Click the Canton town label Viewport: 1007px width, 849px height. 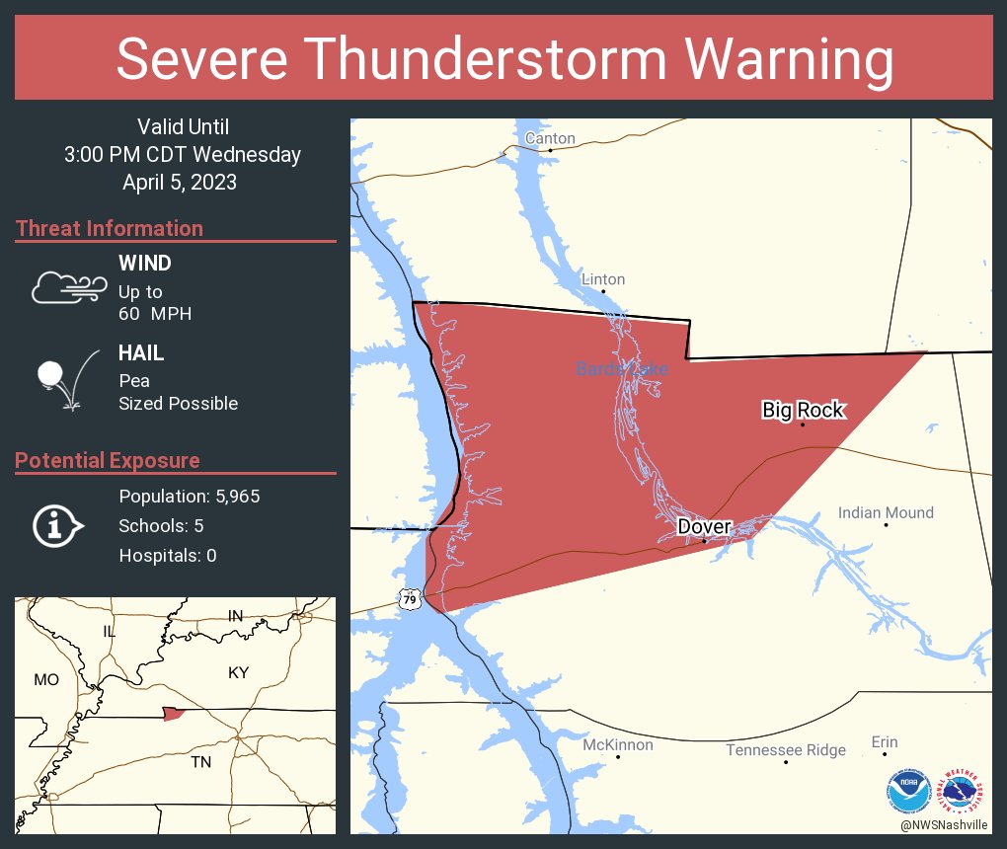pyautogui.click(x=550, y=138)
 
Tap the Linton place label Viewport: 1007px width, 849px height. pyautogui.click(x=602, y=279)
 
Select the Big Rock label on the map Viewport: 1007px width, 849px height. pyautogui.click(x=804, y=410)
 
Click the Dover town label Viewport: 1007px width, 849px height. pyautogui.click(x=703, y=527)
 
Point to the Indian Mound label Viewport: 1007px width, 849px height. pyautogui.click(x=886, y=512)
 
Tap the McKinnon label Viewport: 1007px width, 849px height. pyautogui.click(x=617, y=744)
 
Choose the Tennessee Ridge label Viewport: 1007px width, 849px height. pyautogui.click(x=786, y=750)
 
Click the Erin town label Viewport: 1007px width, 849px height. pyautogui.click(x=885, y=741)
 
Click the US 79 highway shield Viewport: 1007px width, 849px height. pyautogui.click(x=410, y=598)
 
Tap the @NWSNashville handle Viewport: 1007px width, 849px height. pyautogui.click(x=944, y=824)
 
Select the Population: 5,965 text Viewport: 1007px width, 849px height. pyautogui.click(x=189, y=497)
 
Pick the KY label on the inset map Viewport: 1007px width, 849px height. pyautogui.click(x=238, y=672)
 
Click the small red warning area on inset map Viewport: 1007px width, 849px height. pyautogui.click(x=174, y=713)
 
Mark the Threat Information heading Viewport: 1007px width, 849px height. pyautogui.click(x=110, y=228)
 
